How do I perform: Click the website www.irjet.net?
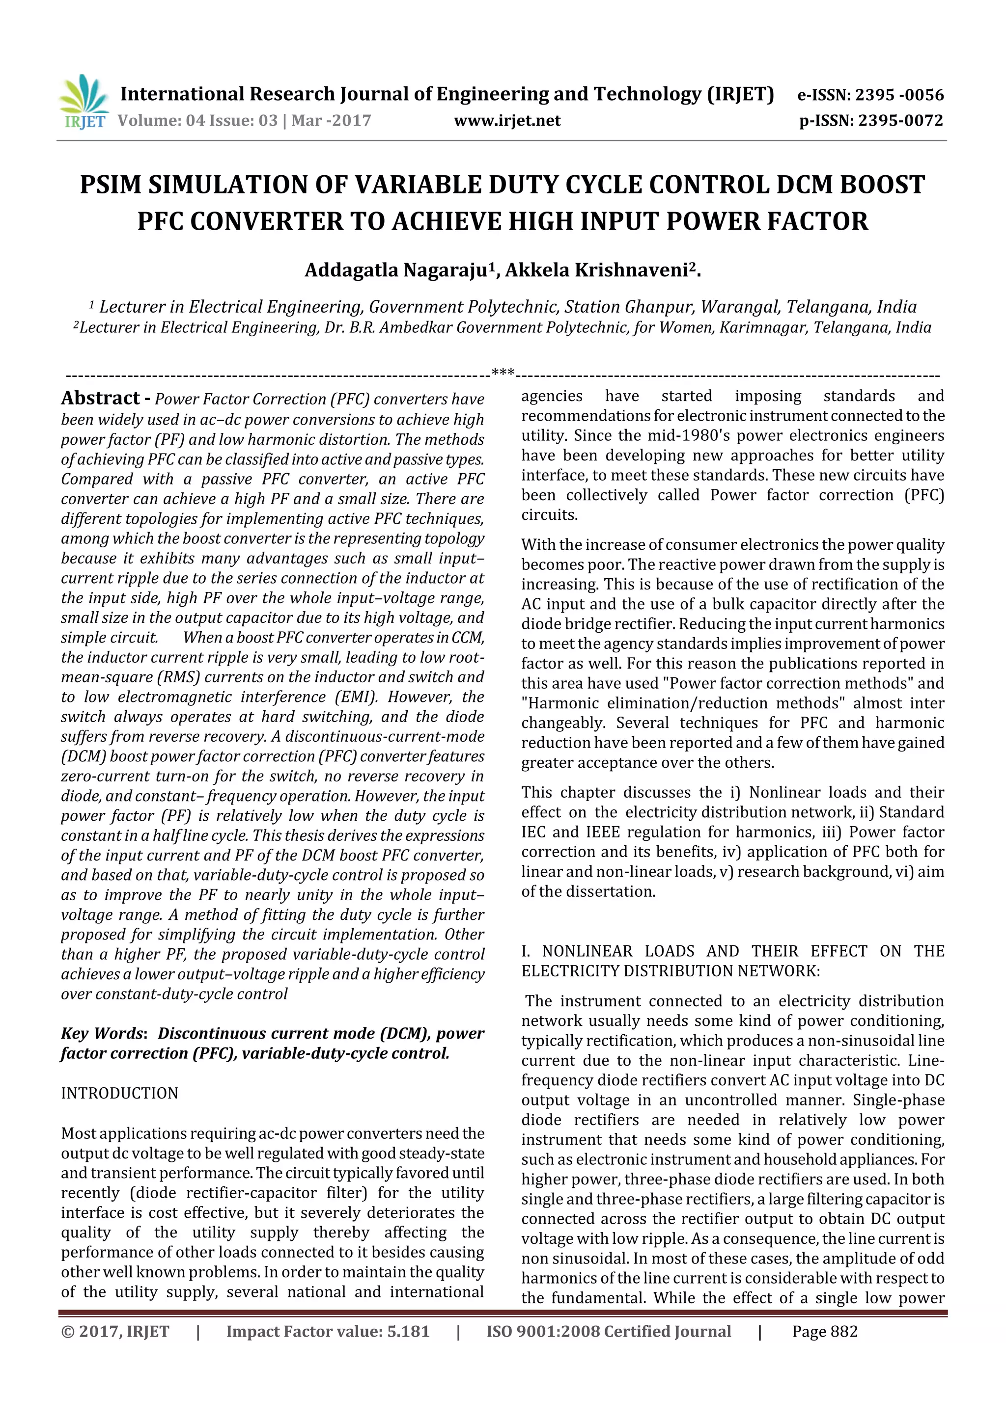(507, 121)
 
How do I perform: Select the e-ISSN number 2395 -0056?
(899, 95)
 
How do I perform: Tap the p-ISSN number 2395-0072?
(900, 121)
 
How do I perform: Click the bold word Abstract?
(100, 398)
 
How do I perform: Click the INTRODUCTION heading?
(120, 1093)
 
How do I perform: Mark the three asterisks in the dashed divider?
(503, 373)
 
